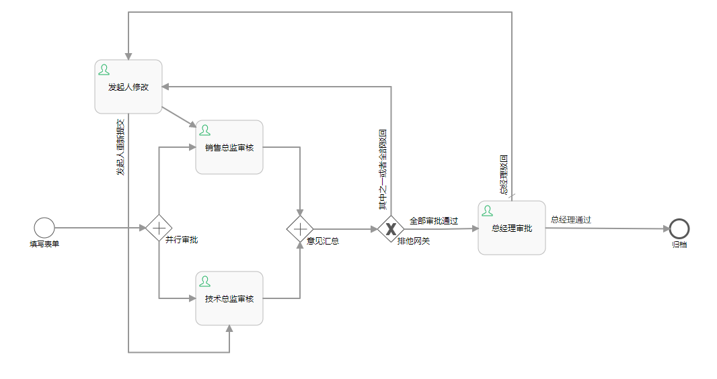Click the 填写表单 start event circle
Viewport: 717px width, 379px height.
pyautogui.click(x=44, y=228)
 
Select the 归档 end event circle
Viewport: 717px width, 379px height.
pyautogui.click(x=679, y=228)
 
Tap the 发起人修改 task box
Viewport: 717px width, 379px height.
pyautogui.click(x=128, y=87)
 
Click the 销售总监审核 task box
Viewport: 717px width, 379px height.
pyautogui.click(x=229, y=147)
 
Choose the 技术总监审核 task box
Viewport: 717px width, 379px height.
pyautogui.click(x=229, y=298)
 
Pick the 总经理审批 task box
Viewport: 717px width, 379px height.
pyautogui.click(x=512, y=228)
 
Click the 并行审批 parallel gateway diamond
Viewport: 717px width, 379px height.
pyautogui.click(x=159, y=228)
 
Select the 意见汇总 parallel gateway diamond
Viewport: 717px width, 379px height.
pyautogui.click(x=300, y=228)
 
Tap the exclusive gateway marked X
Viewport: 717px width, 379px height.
pyautogui.click(x=391, y=228)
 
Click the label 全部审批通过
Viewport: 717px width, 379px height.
pyautogui.click(x=434, y=220)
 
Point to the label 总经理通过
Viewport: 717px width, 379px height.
pyautogui.click(x=570, y=219)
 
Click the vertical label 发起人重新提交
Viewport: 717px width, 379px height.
pyautogui.click(x=120, y=147)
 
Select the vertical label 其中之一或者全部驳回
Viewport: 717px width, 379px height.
pyautogui.click(x=383, y=168)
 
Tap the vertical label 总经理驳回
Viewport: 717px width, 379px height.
pyautogui.click(x=504, y=175)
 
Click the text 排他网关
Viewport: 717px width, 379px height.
pyautogui.click(x=414, y=241)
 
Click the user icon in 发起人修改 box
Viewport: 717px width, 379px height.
pyautogui.click(x=104, y=69)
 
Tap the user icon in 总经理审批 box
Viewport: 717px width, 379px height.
pyautogui.click(x=488, y=210)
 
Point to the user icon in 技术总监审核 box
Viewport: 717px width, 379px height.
pyautogui.click(x=205, y=281)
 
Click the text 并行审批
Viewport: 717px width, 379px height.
pyautogui.click(x=182, y=240)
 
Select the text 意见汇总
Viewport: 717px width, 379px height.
pyautogui.click(x=323, y=241)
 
